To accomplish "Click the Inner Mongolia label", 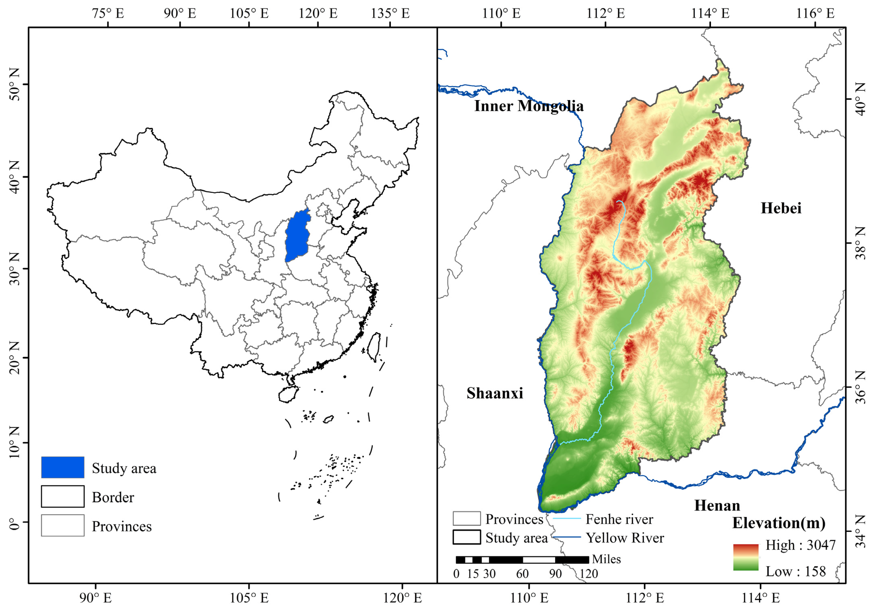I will pos(529,106).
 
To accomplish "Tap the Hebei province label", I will pos(781,208).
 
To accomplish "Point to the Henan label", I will pos(717,505).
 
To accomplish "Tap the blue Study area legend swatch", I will pos(63,467).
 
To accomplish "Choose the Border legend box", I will pos(63,496).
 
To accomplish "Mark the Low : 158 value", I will pos(796,571).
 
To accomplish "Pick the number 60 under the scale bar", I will pos(522,574).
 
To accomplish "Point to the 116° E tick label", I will pos(815,13).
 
